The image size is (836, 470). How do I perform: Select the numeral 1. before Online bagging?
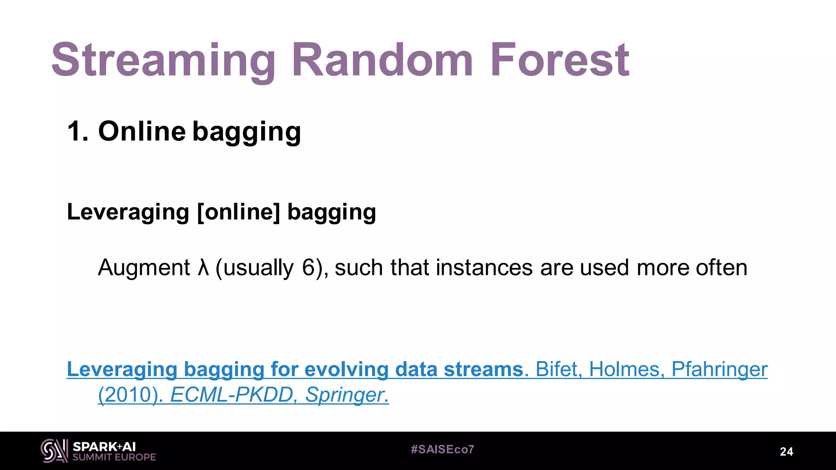(77, 131)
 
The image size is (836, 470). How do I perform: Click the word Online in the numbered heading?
(142, 131)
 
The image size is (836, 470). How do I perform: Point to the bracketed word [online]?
(238, 212)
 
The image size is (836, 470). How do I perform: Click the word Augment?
(144, 268)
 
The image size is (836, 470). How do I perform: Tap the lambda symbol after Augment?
(203, 268)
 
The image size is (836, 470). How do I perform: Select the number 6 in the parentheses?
(308, 268)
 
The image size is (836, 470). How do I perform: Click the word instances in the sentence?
(484, 268)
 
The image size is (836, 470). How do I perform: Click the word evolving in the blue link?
(346, 369)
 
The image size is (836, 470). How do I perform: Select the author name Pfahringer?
(719, 369)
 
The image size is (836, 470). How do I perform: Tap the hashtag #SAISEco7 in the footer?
(442, 450)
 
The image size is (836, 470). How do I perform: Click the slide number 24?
(786, 452)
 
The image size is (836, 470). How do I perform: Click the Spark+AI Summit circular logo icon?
(54, 451)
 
